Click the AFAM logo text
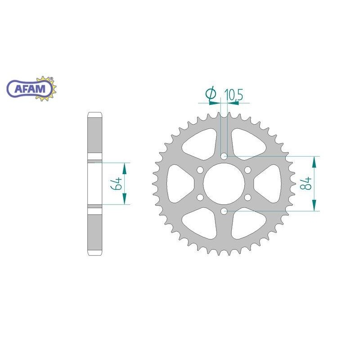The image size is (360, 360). click(x=30, y=89)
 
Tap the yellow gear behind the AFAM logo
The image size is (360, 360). click(x=46, y=89)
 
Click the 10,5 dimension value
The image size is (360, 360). click(x=234, y=95)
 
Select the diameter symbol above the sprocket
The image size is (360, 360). click(x=211, y=94)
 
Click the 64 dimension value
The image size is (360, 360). click(x=117, y=184)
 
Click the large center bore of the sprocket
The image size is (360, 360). click(x=224, y=184)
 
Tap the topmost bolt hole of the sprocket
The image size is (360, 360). click(x=224, y=156)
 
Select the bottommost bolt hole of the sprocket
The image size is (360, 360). click(x=224, y=211)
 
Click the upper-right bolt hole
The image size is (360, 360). click(x=247, y=170)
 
